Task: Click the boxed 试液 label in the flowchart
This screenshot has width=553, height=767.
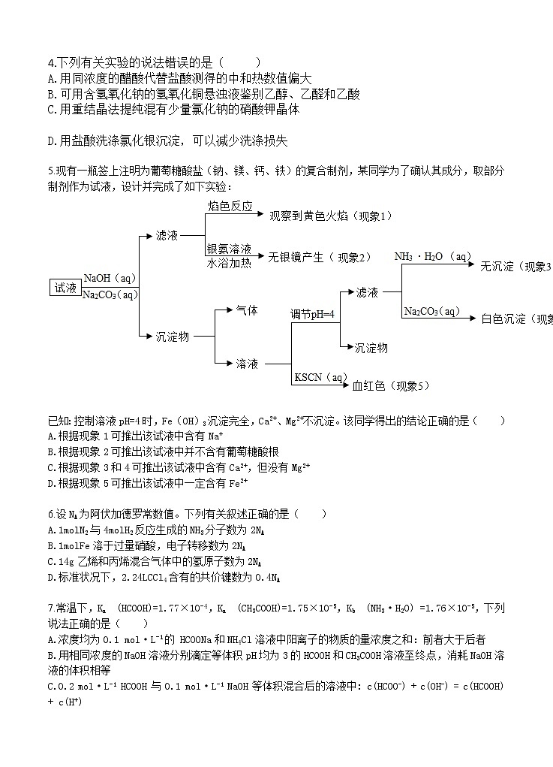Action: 65,288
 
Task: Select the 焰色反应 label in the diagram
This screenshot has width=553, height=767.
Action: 230,206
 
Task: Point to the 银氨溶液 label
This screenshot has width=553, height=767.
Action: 229,249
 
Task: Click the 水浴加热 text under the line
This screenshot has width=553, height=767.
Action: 229,263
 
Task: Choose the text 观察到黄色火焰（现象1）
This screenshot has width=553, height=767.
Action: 331,216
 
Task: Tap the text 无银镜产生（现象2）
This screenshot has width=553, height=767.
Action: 320,257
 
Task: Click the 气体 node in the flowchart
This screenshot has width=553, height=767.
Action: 247,310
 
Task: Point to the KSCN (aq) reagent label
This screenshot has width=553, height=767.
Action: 321,376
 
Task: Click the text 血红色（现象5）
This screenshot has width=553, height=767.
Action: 391,385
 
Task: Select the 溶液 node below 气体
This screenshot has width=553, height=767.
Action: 247,364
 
